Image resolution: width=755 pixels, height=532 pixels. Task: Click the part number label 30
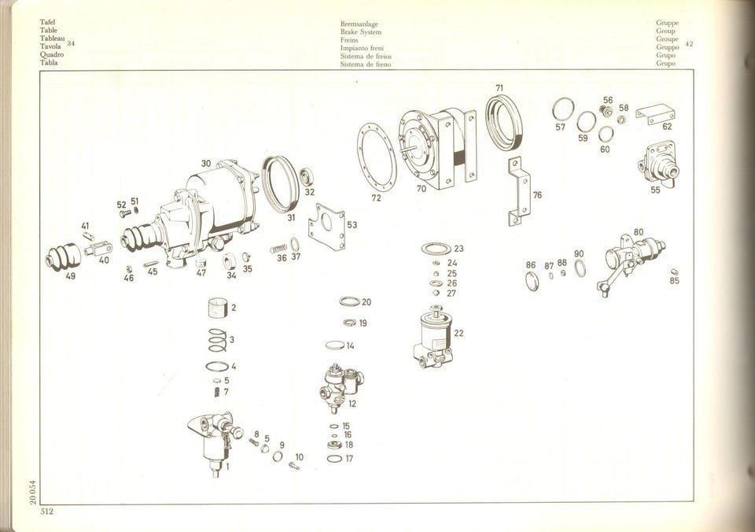point(206,164)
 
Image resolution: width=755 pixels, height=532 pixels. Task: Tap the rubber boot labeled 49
point(63,256)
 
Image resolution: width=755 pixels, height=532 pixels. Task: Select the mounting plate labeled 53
point(327,227)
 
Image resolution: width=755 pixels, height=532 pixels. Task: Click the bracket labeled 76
point(519,191)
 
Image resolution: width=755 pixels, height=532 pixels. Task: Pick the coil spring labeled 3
point(217,340)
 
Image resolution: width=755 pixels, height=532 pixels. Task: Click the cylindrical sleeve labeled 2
point(218,308)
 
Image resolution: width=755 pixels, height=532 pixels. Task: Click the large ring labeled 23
point(436,249)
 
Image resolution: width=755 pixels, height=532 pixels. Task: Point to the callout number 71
point(499,87)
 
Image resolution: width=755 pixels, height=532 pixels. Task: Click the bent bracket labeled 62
point(655,115)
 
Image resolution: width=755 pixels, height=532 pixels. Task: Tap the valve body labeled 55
point(657,164)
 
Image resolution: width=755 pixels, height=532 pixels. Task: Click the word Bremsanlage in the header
point(359,24)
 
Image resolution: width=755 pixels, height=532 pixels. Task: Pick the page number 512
point(46,512)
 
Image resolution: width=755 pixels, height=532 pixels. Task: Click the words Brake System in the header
point(361,31)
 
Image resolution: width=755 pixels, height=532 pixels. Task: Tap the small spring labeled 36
point(278,249)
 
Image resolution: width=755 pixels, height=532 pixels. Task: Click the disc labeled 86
point(531,281)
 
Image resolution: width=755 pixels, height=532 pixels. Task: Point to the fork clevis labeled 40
point(98,249)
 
